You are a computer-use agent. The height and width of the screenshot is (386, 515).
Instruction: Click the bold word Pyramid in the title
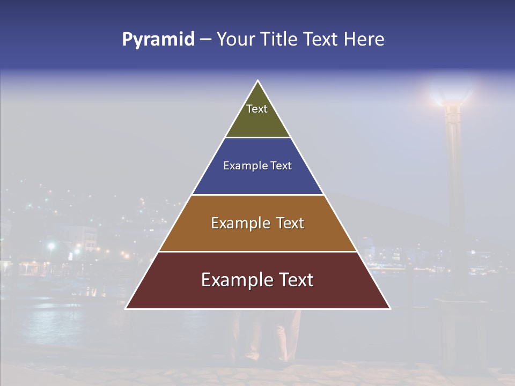click(x=158, y=40)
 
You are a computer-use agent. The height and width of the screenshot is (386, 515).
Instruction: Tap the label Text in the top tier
click(x=257, y=109)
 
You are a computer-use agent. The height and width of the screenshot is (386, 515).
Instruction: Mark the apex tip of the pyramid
click(x=258, y=81)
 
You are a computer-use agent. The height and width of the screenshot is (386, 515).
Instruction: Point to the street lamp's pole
click(x=455, y=177)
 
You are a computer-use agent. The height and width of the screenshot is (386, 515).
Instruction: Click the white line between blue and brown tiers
click(x=257, y=195)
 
